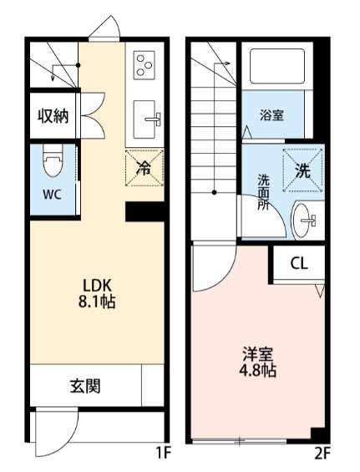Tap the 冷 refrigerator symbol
(143, 168)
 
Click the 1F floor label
(164, 454)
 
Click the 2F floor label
(322, 454)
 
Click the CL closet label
(298, 263)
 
